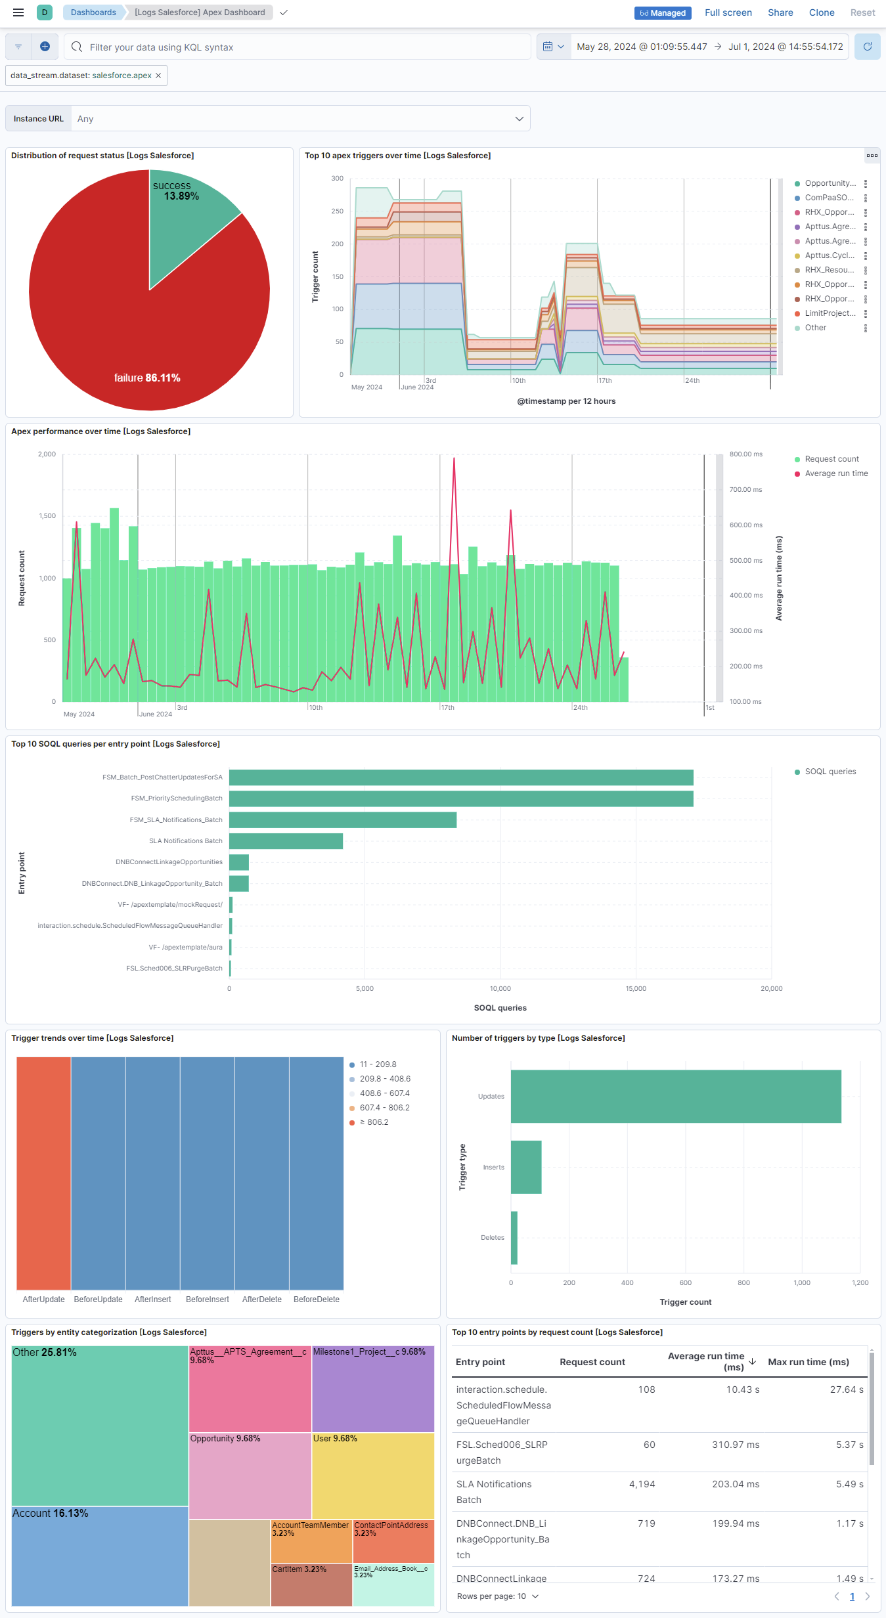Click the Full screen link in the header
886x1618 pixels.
point(728,12)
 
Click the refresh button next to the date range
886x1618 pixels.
point(867,47)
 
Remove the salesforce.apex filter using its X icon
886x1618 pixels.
point(158,76)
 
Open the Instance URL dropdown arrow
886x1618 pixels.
point(519,119)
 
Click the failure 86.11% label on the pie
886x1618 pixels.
point(147,378)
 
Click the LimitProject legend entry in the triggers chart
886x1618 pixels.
point(830,313)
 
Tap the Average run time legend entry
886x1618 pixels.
point(835,473)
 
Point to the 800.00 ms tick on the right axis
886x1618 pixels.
point(745,454)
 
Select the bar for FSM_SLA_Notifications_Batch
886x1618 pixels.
point(342,820)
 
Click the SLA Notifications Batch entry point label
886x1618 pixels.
point(185,841)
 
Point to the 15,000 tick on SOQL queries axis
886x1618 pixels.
point(635,988)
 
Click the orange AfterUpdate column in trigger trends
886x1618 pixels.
point(43,1173)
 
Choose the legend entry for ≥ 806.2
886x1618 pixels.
point(374,1122)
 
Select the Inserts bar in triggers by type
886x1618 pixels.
point(525,1167)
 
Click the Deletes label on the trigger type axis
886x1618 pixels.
point(492,1238)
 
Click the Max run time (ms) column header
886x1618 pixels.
point(808,1362)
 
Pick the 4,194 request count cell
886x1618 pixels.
point(642,1484)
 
